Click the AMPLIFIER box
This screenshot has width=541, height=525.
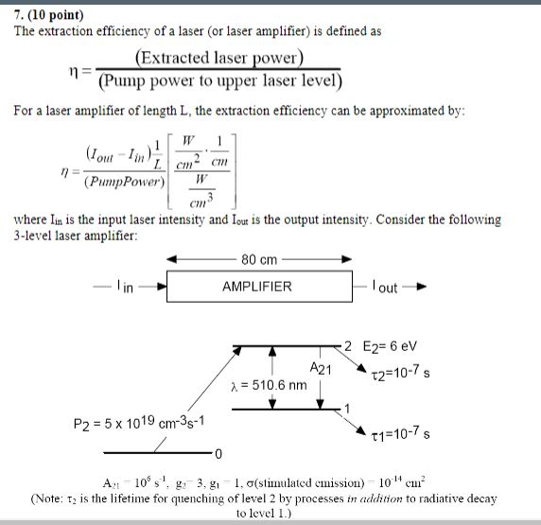click(x=258, y=286)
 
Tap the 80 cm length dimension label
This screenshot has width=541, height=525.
click(x=258, y=260)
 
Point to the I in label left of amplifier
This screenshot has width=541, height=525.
click(x=124, y=287)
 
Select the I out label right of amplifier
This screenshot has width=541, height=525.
click(x=386, y=287)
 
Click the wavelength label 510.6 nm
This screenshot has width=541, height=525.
click(x=269, y=385)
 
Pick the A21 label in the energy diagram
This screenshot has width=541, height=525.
click(x=322, y=368)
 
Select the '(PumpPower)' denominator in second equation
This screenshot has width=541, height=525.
click(x=125, y=180)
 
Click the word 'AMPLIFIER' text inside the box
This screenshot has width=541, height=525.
click(x=257, y=286)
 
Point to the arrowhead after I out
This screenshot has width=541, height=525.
click(x=421, y=287)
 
